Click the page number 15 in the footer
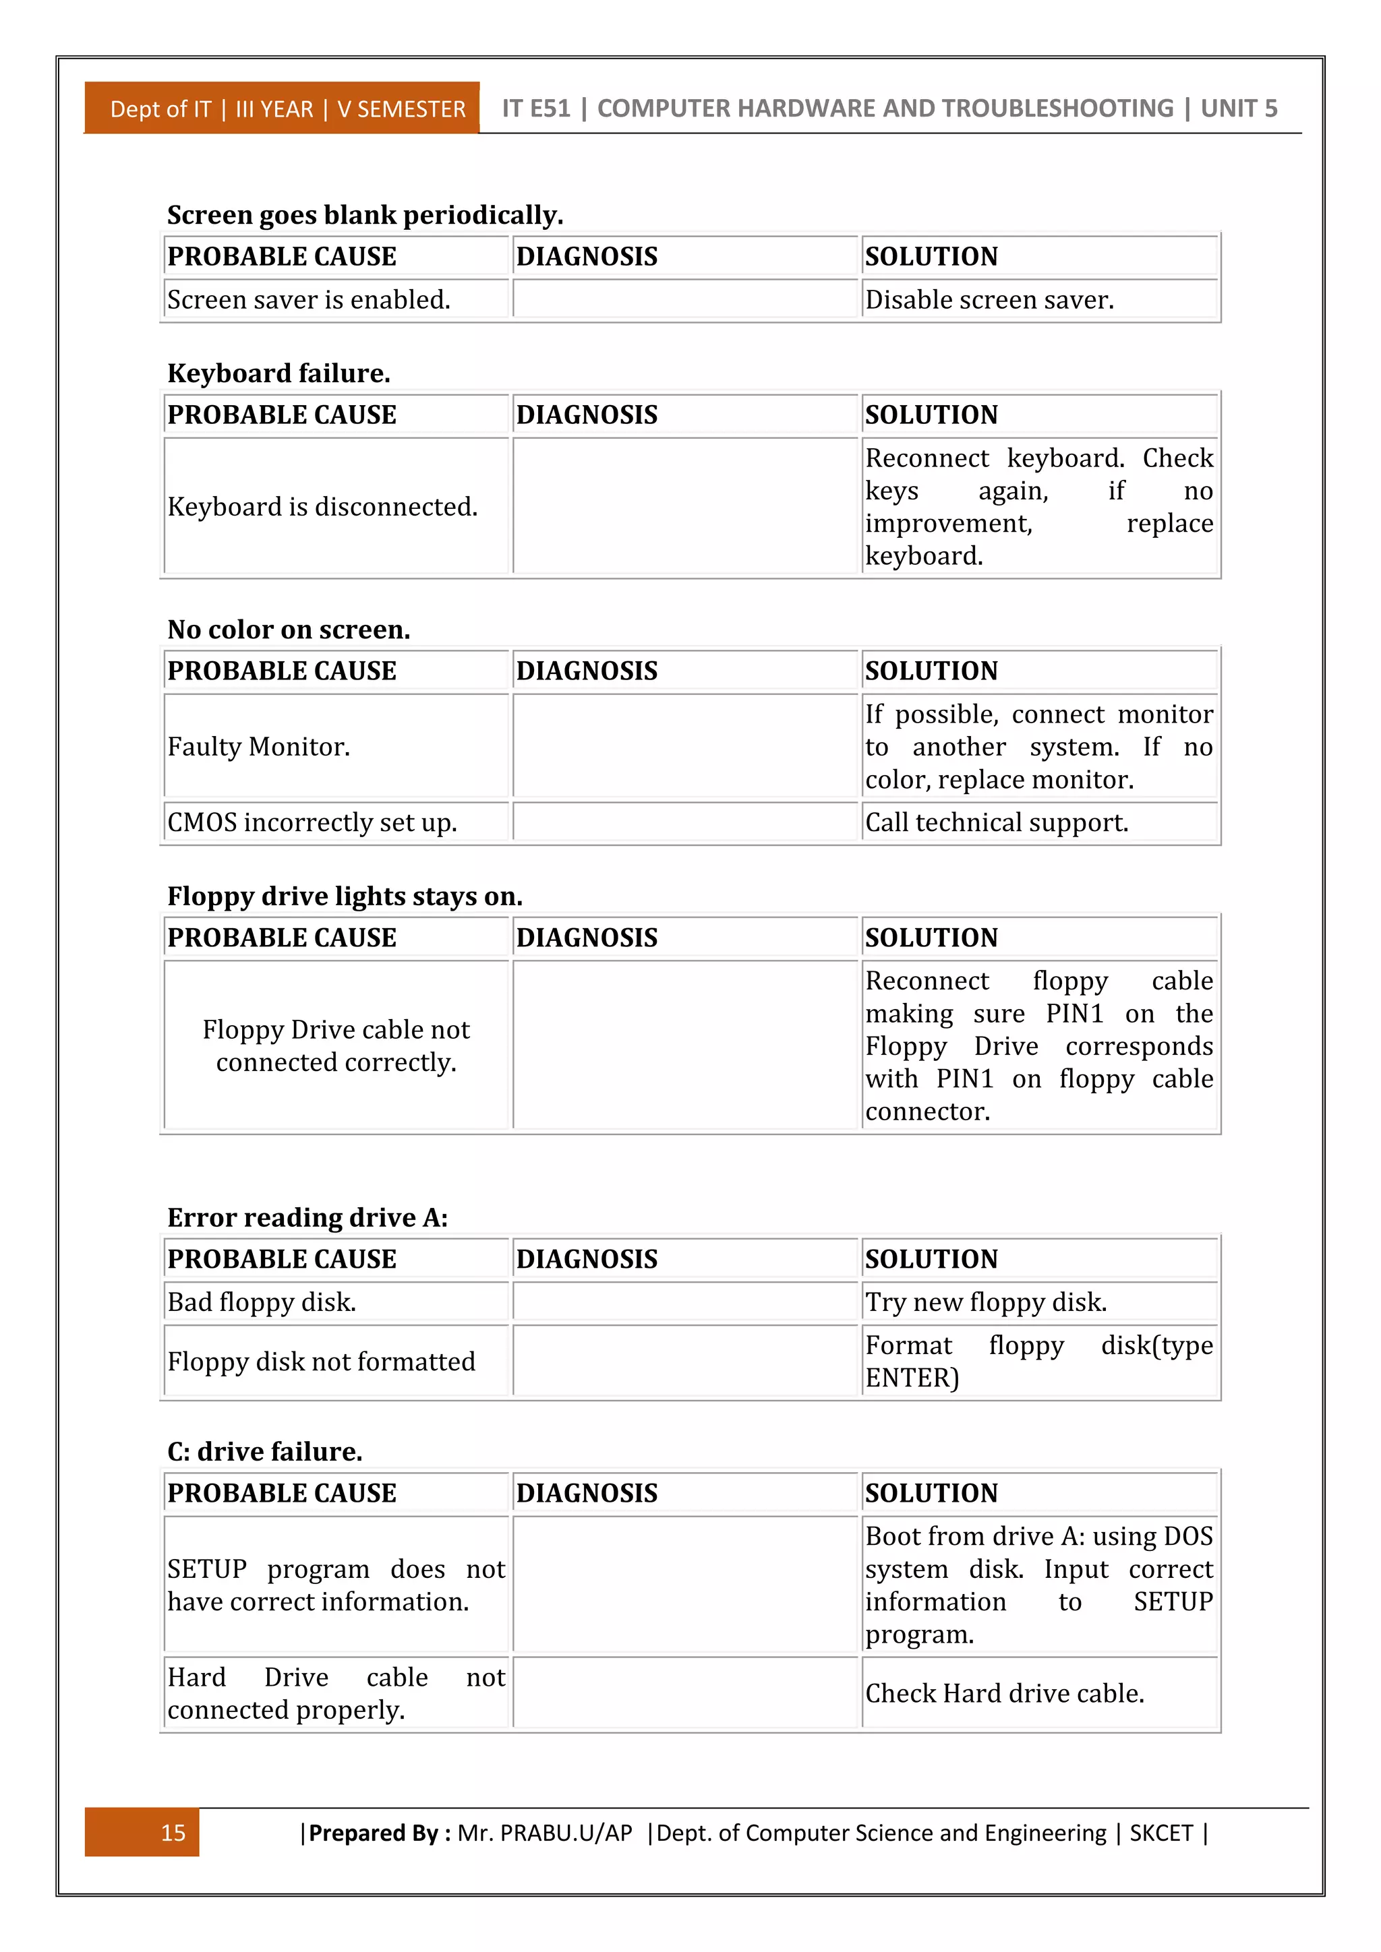coord(173,1832)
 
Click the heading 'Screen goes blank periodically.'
coord(365,215)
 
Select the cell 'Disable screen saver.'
coord(989,300)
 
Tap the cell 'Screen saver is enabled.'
coord(309,300)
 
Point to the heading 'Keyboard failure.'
coord(279,373)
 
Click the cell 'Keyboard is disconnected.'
coord(322,507)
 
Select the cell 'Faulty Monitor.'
coord(258,746)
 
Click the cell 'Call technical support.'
coord(997,822)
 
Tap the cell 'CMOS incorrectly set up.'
coord(312,822)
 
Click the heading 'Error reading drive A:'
coord(307,1217)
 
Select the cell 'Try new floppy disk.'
coord(986,1302)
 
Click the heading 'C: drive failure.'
coord(264,1451)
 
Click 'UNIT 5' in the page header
coord(1239,108)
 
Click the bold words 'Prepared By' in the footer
coord(374,1832)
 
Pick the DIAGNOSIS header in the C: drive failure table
coord(587,1493)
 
